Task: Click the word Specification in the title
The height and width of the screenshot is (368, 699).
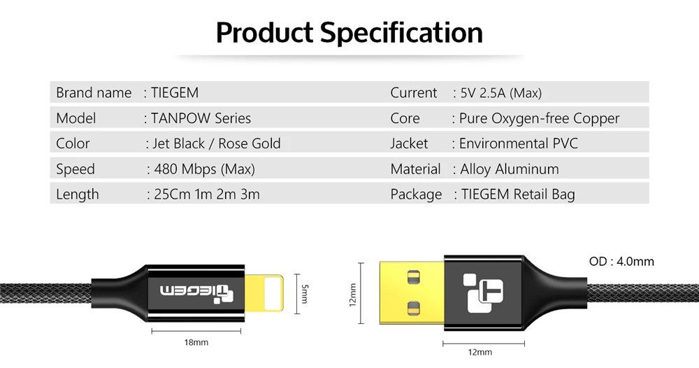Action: (401, 33)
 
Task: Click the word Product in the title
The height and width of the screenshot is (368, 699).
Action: (264, 33)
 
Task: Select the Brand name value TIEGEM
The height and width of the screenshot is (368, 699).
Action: (175, 93)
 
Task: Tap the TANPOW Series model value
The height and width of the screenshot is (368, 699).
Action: (201, 118)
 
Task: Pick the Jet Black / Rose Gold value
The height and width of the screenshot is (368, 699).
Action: (216, 143)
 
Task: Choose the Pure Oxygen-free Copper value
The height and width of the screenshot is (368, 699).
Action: (540, 118)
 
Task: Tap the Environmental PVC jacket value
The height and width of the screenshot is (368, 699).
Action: (519, 143)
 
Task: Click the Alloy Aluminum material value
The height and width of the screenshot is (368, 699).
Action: (510, 169)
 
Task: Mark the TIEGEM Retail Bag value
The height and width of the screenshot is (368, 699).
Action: (518, 194)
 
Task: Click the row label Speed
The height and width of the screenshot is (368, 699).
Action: (75, 169)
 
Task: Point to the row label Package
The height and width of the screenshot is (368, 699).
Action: (416, 194)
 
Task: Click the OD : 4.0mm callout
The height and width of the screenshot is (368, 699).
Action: (621, 262)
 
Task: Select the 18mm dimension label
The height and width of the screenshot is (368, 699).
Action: (196, 342)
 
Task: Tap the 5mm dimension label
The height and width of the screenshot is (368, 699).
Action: (303, 292)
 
